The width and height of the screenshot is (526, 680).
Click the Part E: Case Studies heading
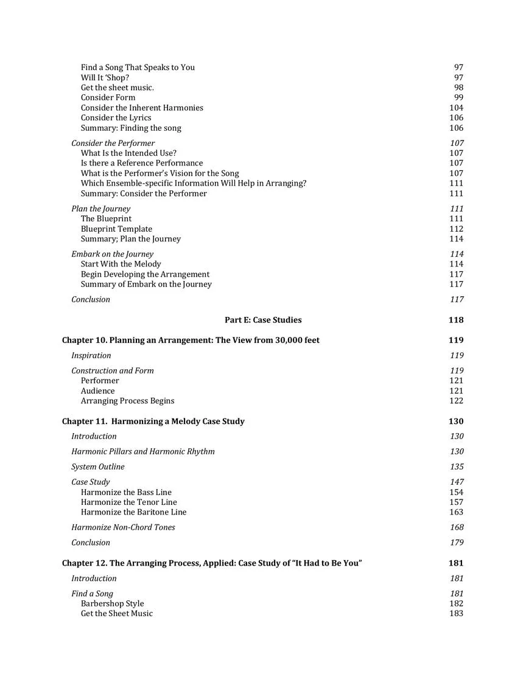(x=263, y=320)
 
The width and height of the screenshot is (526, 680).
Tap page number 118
(x=455, y=320)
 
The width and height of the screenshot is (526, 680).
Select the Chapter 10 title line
(x=191, y=340)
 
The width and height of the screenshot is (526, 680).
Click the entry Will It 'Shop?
(x=105, y=77)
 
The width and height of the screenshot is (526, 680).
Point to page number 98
(x=458, y=88)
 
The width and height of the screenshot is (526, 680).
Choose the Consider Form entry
(x=108, y=97)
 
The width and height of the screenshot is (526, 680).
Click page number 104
(x=456, y=108)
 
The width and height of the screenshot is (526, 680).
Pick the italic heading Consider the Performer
(x=113, y=143)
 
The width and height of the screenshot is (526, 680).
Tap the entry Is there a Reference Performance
(x=142, y=163)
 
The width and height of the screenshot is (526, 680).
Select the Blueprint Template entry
(x=116, y=229)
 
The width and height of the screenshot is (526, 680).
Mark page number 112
(x=456, y=229)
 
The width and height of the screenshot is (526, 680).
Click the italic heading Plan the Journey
(x=100, y=209)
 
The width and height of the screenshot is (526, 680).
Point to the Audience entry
(x=97, y=390)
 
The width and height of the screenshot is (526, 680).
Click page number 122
(x=456, y=401)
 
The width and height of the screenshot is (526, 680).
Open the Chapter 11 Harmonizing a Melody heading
(x=153, y=422)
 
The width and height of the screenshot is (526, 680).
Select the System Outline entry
(x=97, y=467)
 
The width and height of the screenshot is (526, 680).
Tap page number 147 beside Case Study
(x=456, y=482)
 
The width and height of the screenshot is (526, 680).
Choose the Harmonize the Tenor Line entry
(x=129, y=502)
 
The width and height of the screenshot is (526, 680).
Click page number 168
(x=456, y=527)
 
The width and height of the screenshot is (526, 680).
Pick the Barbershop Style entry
(x=113, y=603)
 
